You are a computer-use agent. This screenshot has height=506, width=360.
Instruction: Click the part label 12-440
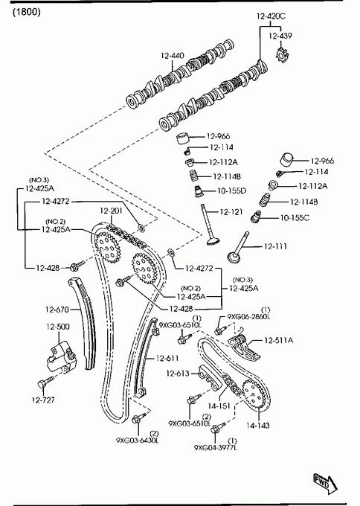[173, 56]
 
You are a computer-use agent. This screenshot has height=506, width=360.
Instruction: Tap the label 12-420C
[271, 16]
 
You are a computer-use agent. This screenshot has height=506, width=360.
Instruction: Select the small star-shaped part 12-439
[282, 54]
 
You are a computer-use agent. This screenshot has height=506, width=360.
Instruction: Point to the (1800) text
[27, 12]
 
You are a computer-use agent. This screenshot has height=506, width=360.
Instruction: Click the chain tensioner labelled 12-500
[60, 357]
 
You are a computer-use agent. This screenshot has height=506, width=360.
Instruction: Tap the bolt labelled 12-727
[46, 382]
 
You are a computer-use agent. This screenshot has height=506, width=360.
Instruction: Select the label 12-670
[57, 310]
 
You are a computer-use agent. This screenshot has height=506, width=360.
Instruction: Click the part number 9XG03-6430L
[138, 441]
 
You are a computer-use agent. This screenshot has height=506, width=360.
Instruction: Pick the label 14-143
[258, 426]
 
